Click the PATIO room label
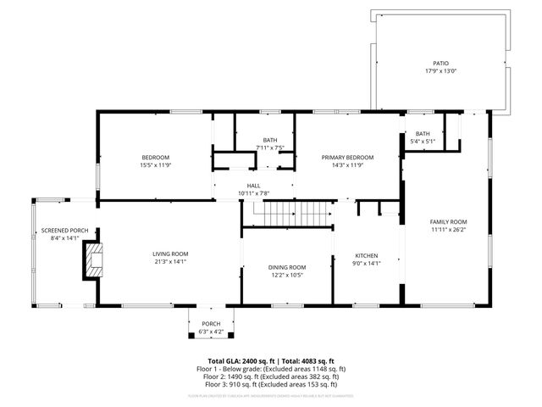click(440, 64)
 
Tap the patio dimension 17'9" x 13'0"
click(440, 71)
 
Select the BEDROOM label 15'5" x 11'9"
click(155, 157)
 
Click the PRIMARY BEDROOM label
click(347, 157)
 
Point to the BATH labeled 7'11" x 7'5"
click(269, 140)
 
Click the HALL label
click(253, 186)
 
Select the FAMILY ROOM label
click(448, 222)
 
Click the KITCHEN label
click(366, 255)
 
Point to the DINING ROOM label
click(287, 267)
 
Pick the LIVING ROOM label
click(170, 254)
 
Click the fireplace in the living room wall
click(92, 261)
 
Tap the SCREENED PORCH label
click(59, 231)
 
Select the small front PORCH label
click(210, 323)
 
